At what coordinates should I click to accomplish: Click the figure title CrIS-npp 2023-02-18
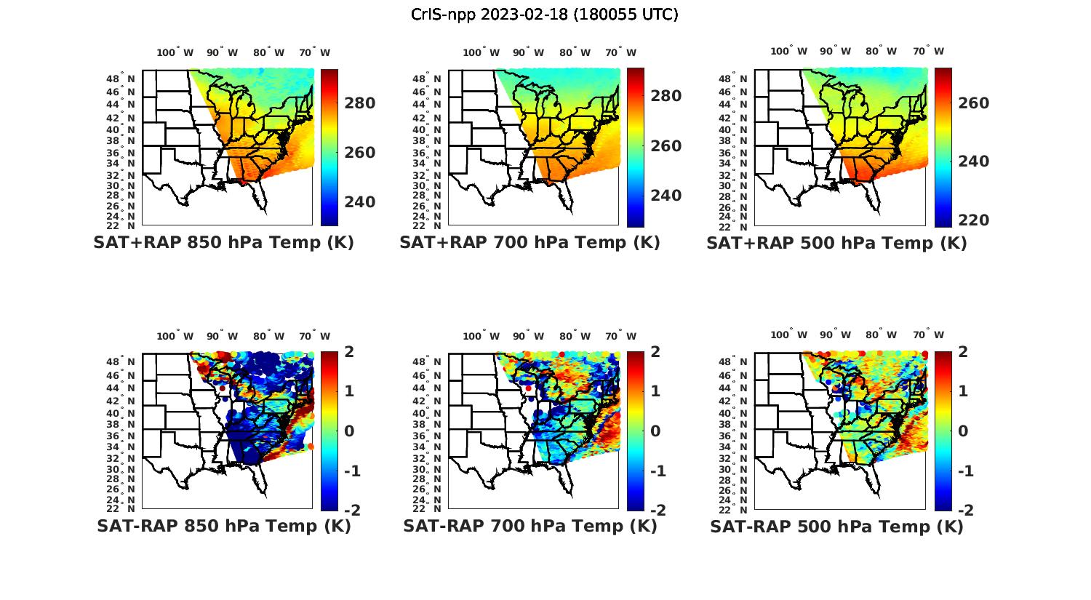pos(545,15)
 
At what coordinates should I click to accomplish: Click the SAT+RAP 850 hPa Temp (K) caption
pos(223,243)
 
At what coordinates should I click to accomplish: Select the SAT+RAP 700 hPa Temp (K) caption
pos(529,243)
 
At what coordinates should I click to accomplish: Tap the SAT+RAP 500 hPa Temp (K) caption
pos(836,243)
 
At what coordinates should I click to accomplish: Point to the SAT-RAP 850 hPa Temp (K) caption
pos(223,527)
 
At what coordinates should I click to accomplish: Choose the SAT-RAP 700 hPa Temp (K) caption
pos(529,527)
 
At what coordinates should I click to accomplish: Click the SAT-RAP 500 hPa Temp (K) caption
pos(836,527)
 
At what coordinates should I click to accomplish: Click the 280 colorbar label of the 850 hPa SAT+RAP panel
pos(359,103)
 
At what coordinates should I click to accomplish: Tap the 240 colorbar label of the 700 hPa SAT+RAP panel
pos(666,196)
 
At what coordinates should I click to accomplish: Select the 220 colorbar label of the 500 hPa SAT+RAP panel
pos(972,220)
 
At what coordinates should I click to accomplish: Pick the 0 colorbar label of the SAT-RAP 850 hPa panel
pos(349,431)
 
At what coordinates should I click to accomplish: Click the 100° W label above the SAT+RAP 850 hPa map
pos(175,52)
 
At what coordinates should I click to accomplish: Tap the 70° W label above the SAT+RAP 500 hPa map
pos(928,51)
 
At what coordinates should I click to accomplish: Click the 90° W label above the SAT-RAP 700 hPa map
pos(527,336)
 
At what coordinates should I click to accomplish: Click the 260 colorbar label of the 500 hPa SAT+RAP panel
pos(972,103)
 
